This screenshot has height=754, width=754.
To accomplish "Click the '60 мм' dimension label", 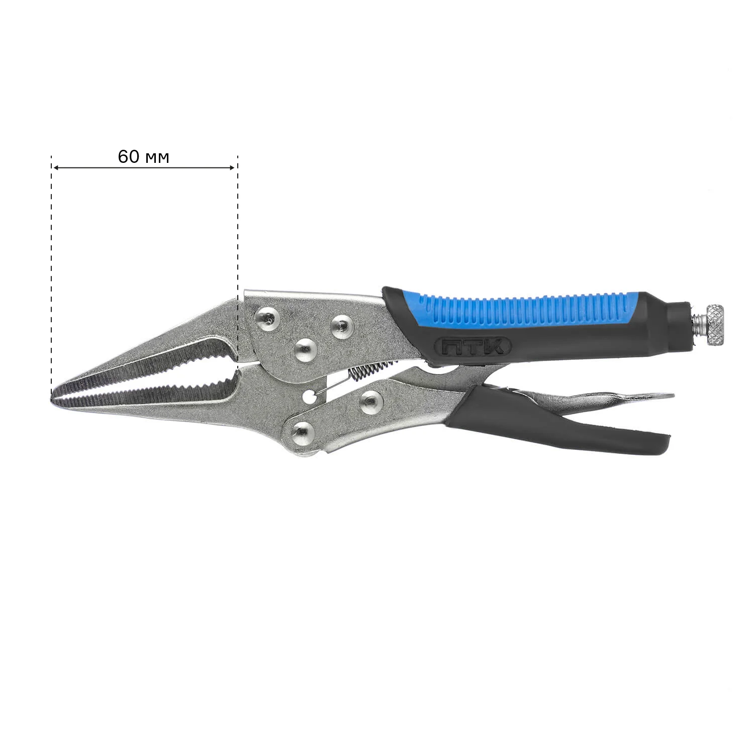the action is click(144, 157).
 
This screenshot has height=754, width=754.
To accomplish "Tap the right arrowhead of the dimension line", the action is click(232, 167).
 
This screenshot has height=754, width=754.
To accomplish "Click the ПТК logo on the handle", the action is click(471, 346).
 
